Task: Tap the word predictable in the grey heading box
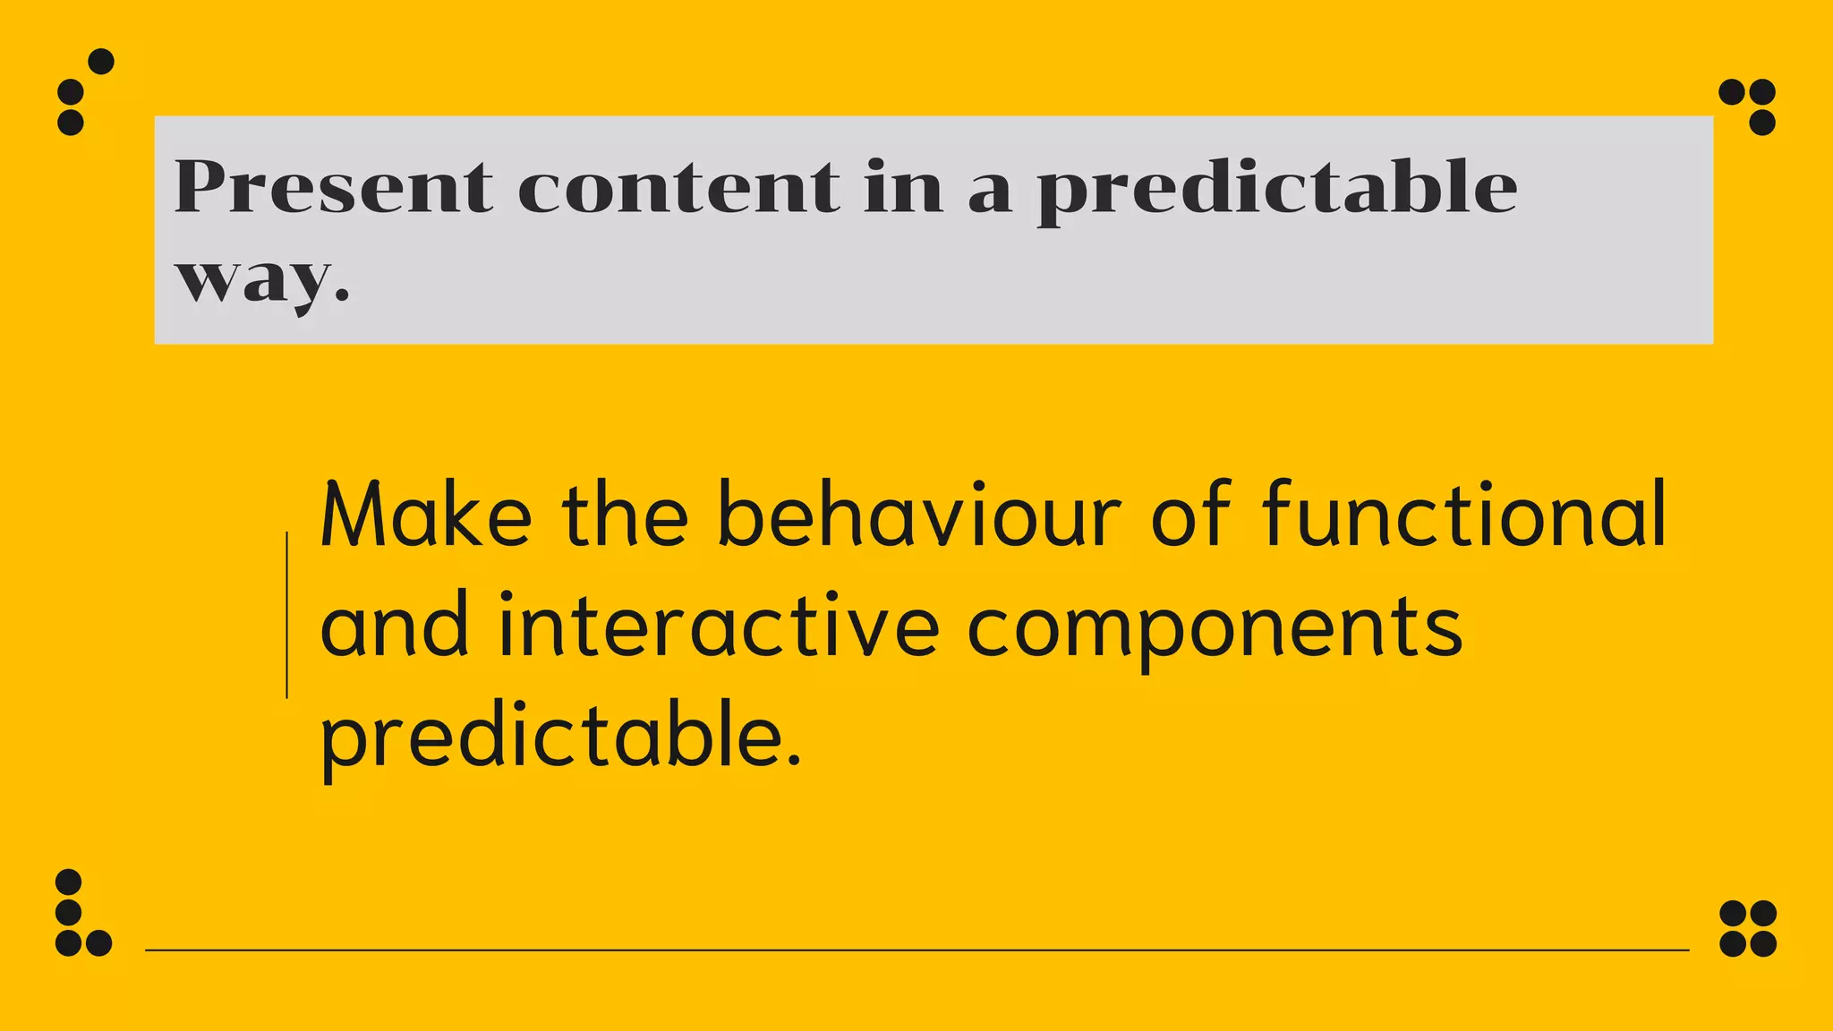tap(1276, 190)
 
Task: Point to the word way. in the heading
tap(261, 279)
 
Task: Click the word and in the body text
tap(395, 626)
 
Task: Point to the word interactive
tap(719, 626)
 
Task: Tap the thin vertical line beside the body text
tap(286, 615)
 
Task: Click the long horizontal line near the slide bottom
tap(916, 950)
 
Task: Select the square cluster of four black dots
tap(1748, 928)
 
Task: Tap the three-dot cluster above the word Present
tap(82, 93)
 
